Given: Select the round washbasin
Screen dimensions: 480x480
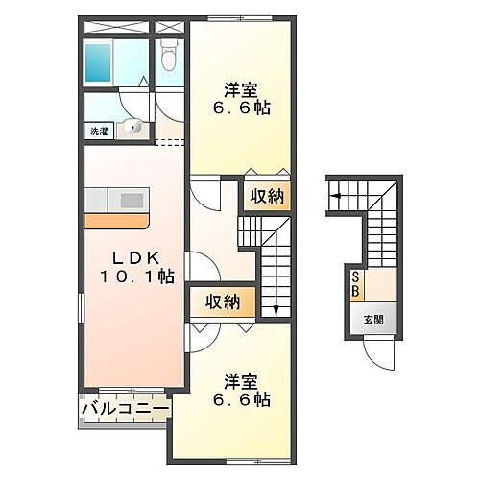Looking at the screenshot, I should point(134,126).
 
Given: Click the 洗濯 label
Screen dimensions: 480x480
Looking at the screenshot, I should point(100,130).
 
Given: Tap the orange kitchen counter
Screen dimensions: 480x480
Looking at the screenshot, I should point(115,220).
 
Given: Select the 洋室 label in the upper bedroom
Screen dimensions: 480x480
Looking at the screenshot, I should point(239,90).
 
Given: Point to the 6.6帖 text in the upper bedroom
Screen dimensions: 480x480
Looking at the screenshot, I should point(242,109).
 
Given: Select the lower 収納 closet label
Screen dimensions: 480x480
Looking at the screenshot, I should point(223,303).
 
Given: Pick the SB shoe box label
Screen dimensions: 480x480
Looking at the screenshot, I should point(355,284).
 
